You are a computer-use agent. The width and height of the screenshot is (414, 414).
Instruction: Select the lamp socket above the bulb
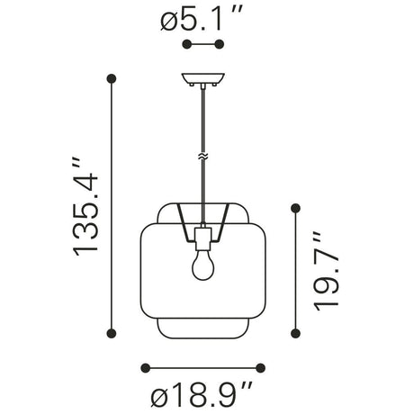pyautogui.click(x=203, y=238)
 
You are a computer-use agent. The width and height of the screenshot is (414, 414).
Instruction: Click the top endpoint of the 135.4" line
pyautogui.click(x=112, y=78)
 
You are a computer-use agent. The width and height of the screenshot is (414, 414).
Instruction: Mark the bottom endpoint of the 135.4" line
pyautogui.click(x=112, y=334)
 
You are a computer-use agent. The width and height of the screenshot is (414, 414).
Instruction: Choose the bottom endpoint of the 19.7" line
pyautogui.click(x=295, y=334)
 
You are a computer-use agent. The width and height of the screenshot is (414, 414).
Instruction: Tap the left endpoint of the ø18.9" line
pyautogui.click(x=146, y=367)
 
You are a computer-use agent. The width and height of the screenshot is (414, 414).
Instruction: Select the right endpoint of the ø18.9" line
pyautogui.click(x=263, y=367)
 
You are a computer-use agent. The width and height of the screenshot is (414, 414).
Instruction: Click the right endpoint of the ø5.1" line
pyautogui.click(x=220, y=44)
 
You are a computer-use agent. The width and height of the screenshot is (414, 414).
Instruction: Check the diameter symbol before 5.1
pyautogui.click(x=172, y=19)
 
